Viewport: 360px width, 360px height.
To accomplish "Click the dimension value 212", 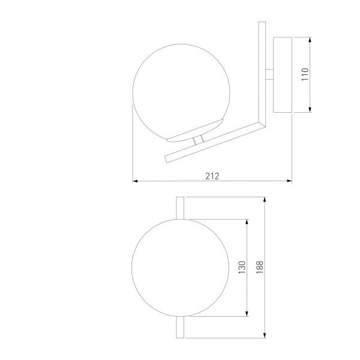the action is (x=212, y=176).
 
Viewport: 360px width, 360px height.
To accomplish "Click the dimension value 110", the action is (x=305, y=74).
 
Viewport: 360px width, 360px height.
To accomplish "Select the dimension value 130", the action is (x=242, y=267).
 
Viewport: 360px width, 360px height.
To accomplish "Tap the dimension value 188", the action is (x=260, y=267).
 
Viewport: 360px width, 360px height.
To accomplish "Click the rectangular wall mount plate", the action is (x=283, y=75).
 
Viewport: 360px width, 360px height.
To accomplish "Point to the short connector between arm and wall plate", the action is (x=269, y=74).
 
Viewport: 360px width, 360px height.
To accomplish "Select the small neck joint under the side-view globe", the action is (x=198, y=140).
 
